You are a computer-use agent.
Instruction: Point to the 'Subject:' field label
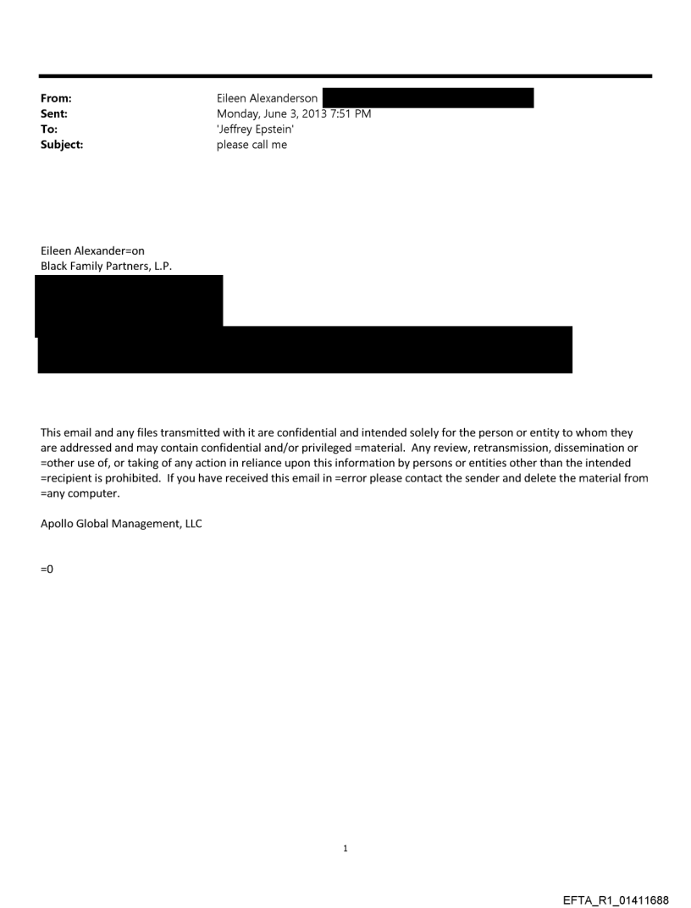tap(60, 143)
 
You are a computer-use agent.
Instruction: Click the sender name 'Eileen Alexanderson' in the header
tap(267, 99)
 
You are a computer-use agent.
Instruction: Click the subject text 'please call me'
tap(252, 143)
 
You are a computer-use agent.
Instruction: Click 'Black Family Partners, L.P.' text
tap(106, 266)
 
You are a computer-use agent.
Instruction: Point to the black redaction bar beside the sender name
tap(428, 98)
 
